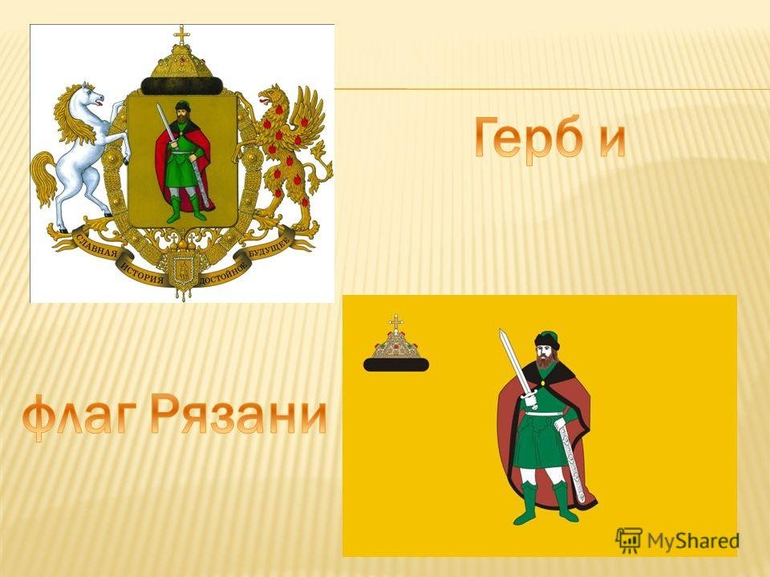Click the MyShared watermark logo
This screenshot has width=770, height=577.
[678, 541]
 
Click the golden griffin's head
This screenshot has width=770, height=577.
[272, 96]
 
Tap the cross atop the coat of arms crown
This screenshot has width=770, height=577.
[182, 36]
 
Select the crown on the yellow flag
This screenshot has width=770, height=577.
[395, 344]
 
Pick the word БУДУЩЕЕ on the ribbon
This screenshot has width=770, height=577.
[268, 246]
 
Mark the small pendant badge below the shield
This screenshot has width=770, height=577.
[182, 272]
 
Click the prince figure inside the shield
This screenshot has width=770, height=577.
[183, 161]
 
